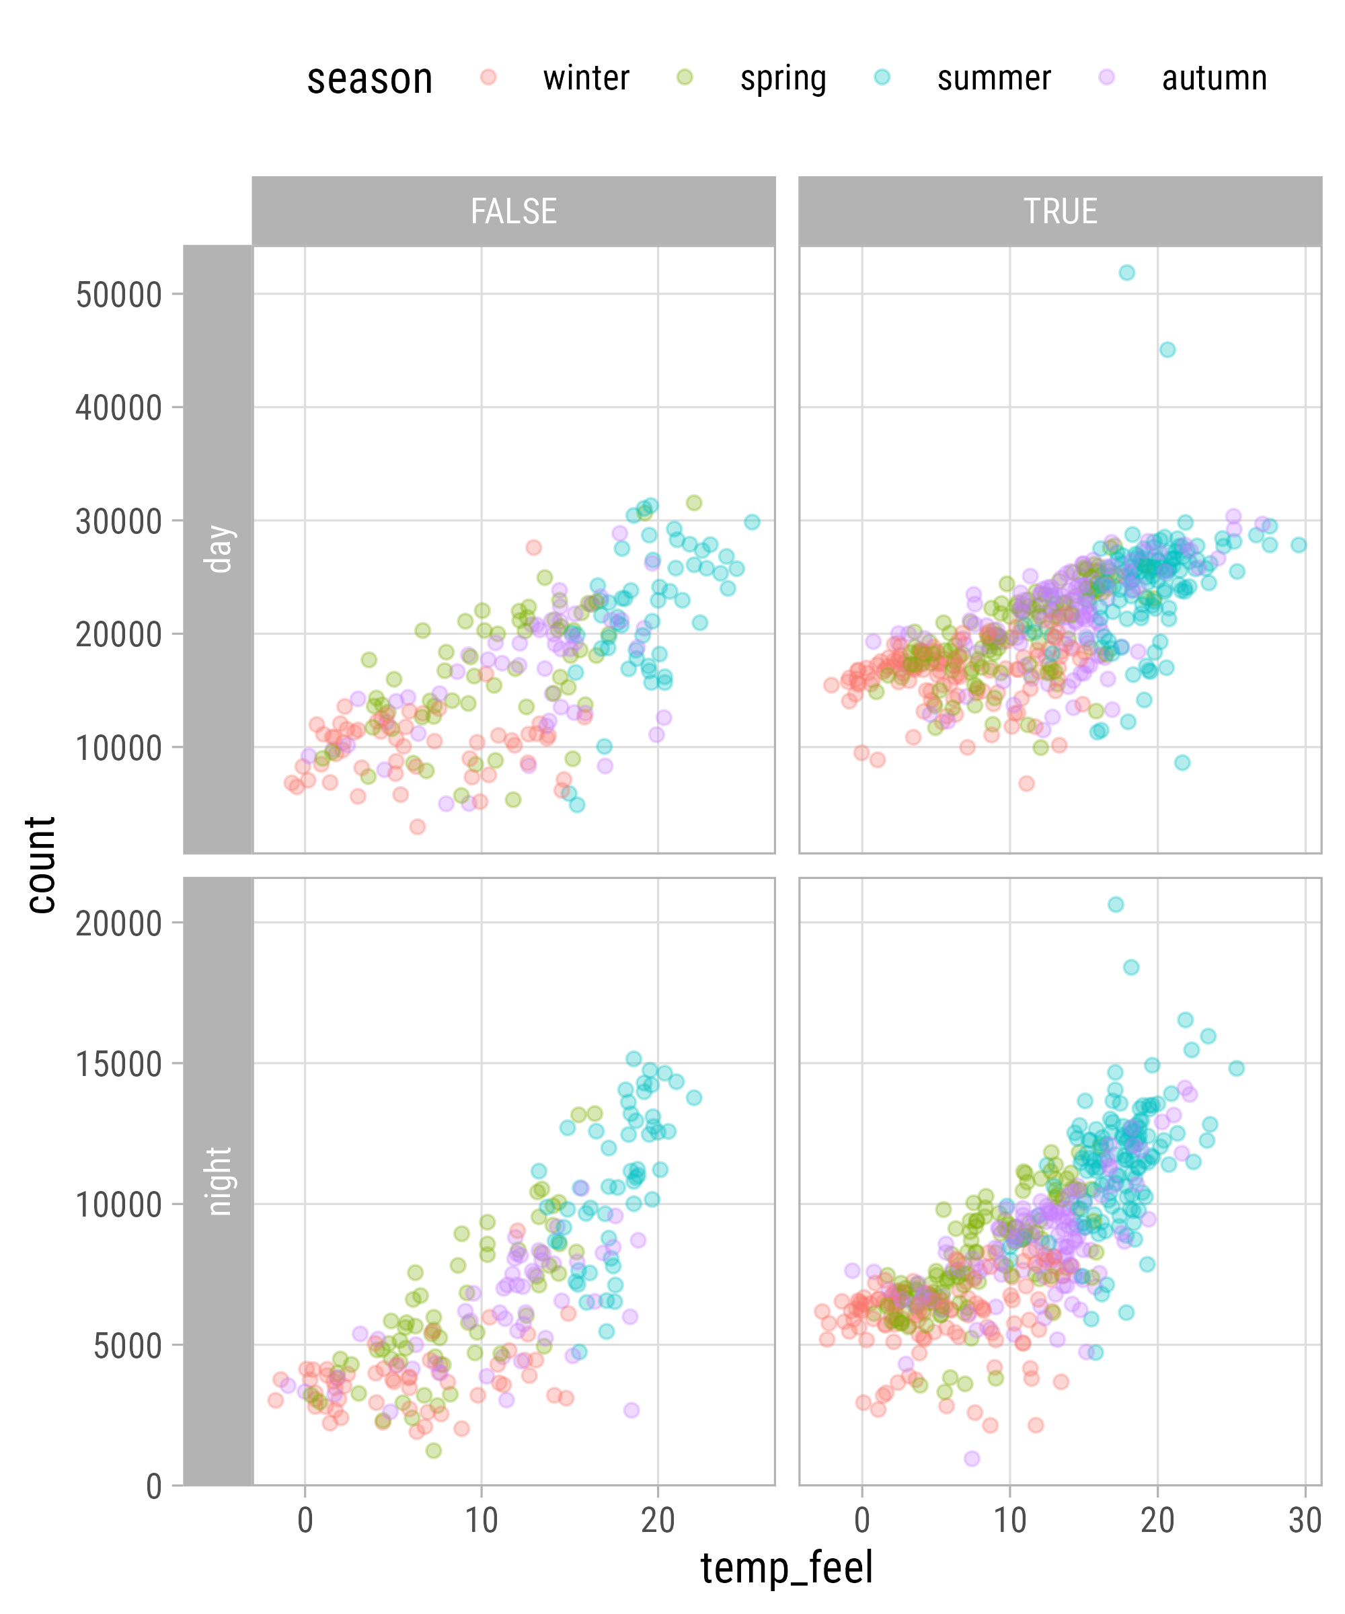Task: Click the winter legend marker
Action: (x=488, y=77)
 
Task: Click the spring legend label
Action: (x=782, y=79)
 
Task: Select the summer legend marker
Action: (x=882, y=77)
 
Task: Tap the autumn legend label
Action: (x=1214, y=79)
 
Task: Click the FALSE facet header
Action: (x=513, y=211)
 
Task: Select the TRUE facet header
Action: (x=1060, y=211)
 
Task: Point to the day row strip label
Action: (x=219, y=549)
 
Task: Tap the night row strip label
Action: (x=219, y=1180)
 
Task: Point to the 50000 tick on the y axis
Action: (x=119, y=295)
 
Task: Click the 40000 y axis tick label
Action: (x=119, y=408)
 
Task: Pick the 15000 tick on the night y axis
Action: (x=119, y=1065)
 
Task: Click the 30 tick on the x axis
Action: (x=1304, y=1521)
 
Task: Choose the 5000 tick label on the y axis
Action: (x=128, y=1346)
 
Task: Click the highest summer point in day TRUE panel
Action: (x=1126, y=273)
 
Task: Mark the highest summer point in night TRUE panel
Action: (x=1115, y=905)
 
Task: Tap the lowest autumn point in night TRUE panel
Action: (x=972, y=1459)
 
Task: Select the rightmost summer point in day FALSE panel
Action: (x=752, y=522)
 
